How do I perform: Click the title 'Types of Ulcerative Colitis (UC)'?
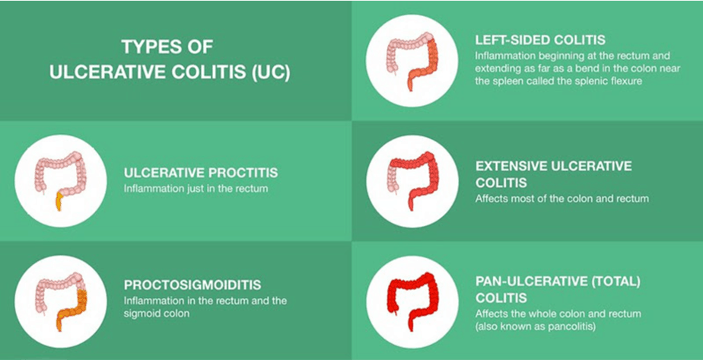click(170, 59)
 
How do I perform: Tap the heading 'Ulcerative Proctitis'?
click(201, 173)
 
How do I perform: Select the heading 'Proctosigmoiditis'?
click(192, 285)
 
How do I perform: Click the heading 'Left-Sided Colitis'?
click(540, 40)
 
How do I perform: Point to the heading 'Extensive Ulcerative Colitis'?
click(553, 174)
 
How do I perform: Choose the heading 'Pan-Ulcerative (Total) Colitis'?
click(558, 290)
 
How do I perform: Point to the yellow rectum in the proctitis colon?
click(59, 202)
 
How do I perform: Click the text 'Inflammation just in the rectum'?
click(196, 189)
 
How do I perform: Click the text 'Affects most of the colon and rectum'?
click(561, 198)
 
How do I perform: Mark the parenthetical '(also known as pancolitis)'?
click(536, 327)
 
